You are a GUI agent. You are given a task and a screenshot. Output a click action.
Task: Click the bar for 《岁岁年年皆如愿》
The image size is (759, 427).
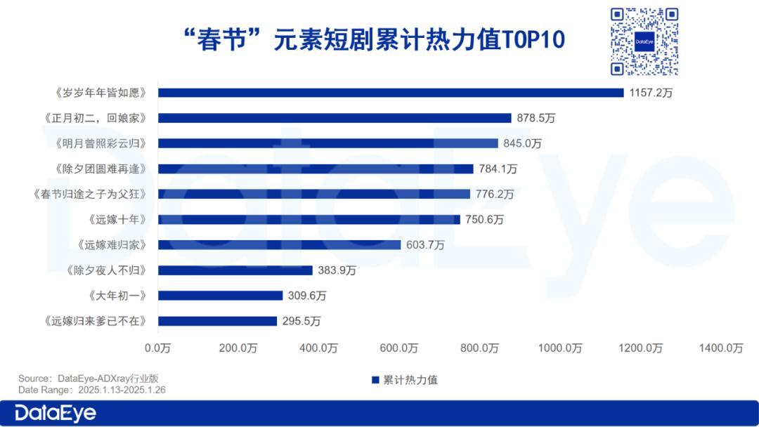pyautogui.click(x=391, y=93)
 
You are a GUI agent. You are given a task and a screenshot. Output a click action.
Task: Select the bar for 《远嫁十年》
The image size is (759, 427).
pyautogui.click(x=309, y=219)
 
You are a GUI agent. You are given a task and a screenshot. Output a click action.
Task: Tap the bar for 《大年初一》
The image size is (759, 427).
pyautogui.click(x=220, y=296)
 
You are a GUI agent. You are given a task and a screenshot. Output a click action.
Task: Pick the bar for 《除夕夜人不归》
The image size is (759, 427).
pyautogui.click(x=235, y=270)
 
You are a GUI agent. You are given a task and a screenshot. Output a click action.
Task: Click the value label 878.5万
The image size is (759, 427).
pyautogui.click(x=536, y=119)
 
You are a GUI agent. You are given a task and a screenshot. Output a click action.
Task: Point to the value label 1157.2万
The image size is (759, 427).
pyautogui.click(x=651, y=93)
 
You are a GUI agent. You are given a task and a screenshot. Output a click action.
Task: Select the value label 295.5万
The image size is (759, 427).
pyautogui.click(x=301, y=322)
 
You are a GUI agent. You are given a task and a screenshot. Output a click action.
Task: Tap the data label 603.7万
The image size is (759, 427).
pyautogui.click(x=425, y=245)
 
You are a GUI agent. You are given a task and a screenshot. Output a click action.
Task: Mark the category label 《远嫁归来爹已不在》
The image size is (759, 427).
pyautogui.click(x=96, y=322)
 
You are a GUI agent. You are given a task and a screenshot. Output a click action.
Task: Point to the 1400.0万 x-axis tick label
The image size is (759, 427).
pyautogui.click(x=720, y=348)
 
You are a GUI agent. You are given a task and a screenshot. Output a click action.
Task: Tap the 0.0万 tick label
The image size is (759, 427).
pyautogui.click(x=157, y=348)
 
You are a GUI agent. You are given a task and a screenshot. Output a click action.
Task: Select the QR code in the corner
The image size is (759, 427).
pyautogui.click(x=644, y=41)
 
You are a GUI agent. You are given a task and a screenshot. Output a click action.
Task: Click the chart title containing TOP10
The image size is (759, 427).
pyautogui.click(x=373, y=39)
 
